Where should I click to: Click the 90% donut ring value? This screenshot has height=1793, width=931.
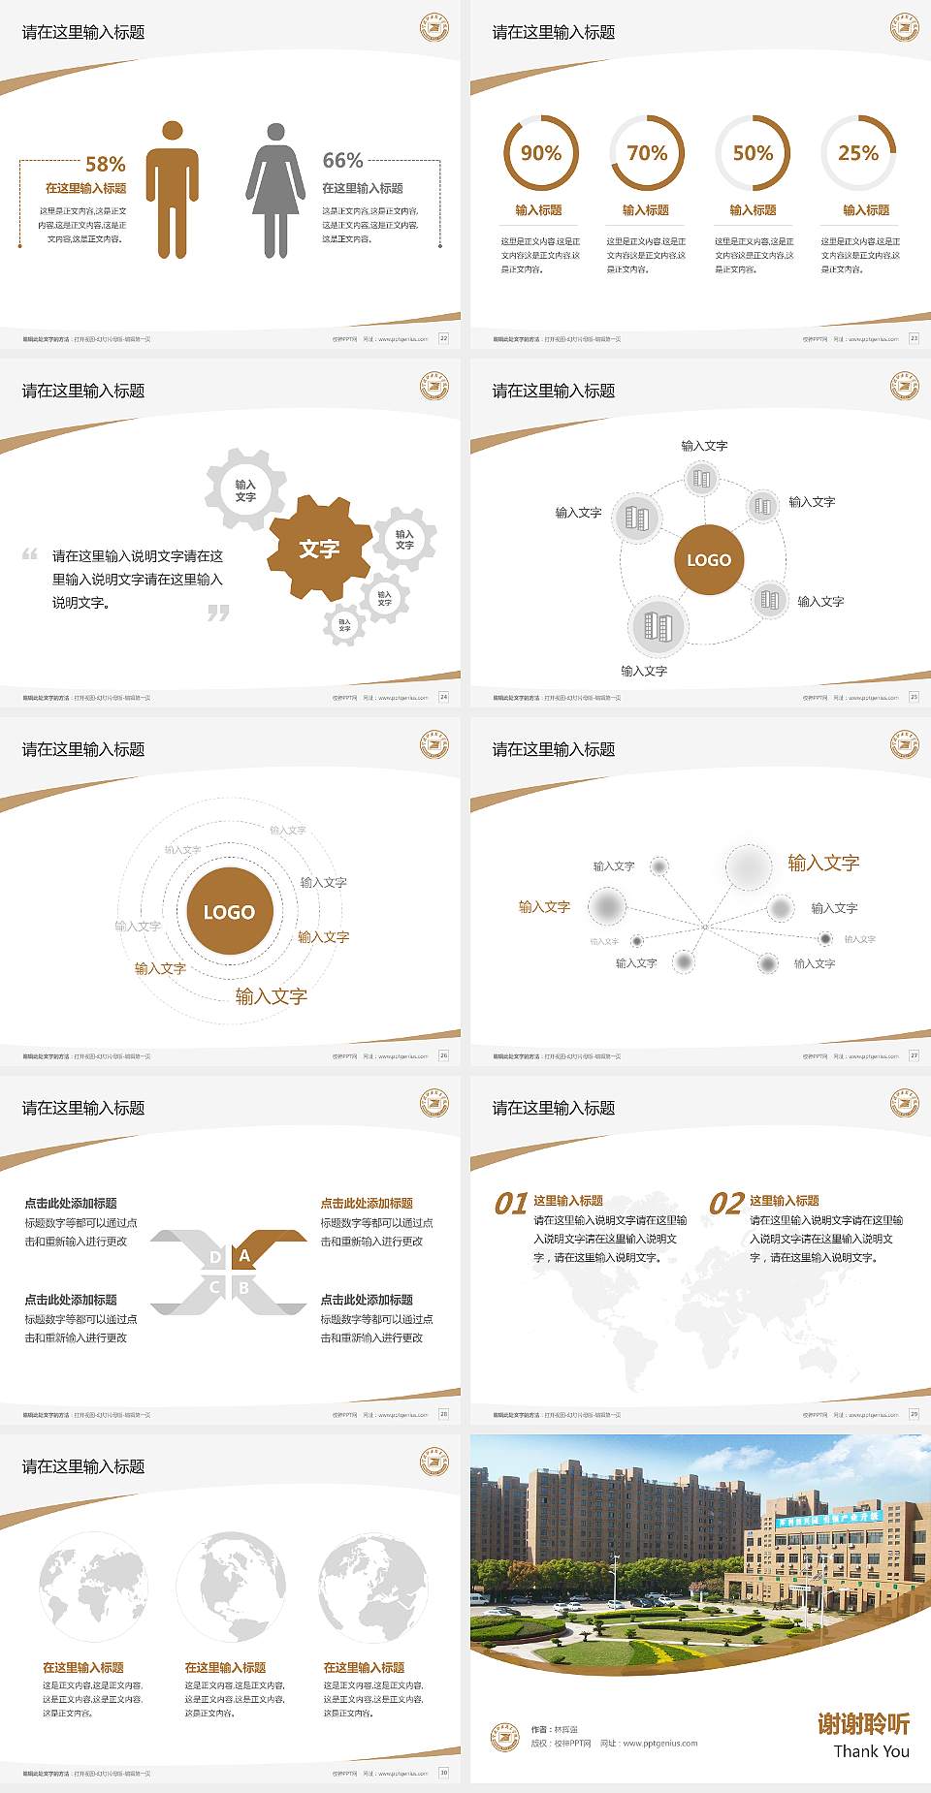(540, 153)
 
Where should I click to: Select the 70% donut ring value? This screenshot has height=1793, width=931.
(647, 153)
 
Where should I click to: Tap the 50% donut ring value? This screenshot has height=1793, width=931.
(753, 153)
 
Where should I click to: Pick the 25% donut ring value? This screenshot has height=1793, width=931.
(858, 153)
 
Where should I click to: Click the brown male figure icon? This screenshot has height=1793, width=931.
(173, 190)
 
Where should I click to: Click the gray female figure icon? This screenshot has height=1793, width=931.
(275, 190)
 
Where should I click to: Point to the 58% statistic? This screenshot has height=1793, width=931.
(105, 164)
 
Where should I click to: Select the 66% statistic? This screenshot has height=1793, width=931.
(342, 160)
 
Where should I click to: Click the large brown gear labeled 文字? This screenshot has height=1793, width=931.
(320, 549)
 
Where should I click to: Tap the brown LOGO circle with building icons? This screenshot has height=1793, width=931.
(709, 560)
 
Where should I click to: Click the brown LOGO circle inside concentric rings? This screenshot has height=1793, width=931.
(229, 912)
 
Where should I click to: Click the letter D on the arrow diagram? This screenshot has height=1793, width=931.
(215, 1257)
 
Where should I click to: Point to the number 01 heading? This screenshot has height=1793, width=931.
(511, 1204)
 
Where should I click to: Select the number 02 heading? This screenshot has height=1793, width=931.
(726, 1204)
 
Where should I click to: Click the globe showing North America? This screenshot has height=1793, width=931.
(231, 1586)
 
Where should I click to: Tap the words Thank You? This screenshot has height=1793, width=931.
(871, 1751)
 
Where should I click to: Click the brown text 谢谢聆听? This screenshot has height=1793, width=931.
(863, 1723)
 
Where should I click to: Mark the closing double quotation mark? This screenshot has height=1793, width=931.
(218, 613)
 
